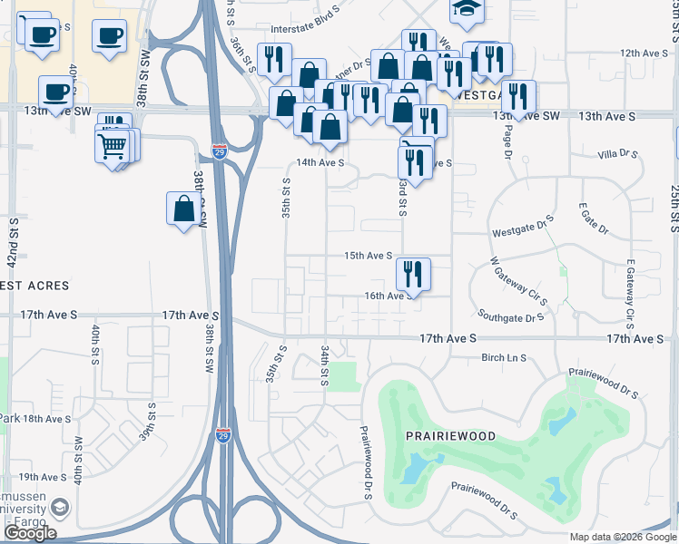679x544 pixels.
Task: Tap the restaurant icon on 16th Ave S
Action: [x=413, y=272]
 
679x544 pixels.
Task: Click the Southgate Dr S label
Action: [x=512, y=318]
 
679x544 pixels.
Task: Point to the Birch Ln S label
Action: [x=504, y=358]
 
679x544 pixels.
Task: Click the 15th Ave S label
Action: [x=368, y=257]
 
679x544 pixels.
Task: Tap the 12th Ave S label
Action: [x=644, y=53]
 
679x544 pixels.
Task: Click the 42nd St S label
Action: [x=14, y=239]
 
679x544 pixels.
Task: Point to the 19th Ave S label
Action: [x=41, y=477]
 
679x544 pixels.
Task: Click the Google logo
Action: [x=30, y=533]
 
